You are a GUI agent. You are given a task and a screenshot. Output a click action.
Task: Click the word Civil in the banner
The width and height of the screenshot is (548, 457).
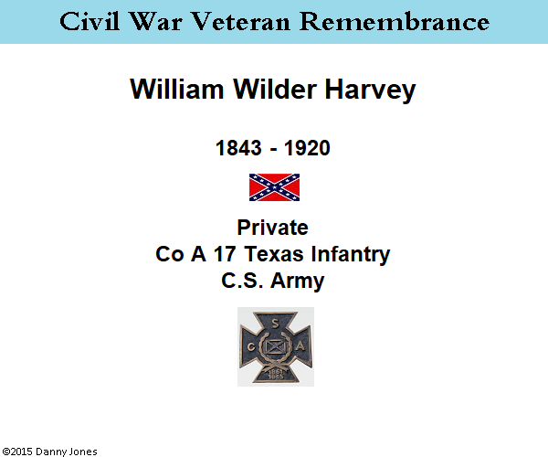pyautogui.click(x=90, y=21)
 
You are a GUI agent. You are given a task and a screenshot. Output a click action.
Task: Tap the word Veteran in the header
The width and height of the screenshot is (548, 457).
pyautogui.click(x=241, y=21)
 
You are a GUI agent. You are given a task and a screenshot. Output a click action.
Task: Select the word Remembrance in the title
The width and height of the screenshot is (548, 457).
pyautogui.click(x=395, y=21)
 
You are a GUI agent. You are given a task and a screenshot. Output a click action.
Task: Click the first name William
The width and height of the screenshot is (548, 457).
pyautogui.click(x=177, y=89)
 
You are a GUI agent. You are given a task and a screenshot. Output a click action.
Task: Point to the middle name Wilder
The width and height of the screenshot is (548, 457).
pyautogui.click(x=275, y=89)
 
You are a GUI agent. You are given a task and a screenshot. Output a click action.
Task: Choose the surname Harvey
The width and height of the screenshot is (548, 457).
pyautogui.click(x=371, y=90)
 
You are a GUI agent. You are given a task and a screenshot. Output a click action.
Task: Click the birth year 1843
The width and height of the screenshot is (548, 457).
pyautogui.click(x=238, y=147)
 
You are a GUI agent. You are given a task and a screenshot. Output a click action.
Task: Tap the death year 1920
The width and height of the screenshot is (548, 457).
pyautogui.click(x=307, y=147)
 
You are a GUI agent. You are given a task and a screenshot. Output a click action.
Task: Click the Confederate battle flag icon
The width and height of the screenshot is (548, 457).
pyautogui.click(x=274, y=187)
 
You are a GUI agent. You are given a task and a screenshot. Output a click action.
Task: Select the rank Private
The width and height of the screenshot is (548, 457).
pyautogui.click(x=272, y=228)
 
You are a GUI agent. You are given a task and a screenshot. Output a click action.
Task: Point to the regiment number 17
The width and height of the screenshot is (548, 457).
pyautogui.click(x=225, y=253)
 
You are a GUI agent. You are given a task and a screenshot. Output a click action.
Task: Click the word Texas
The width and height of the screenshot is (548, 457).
pyautogui.click(x=274, y=253)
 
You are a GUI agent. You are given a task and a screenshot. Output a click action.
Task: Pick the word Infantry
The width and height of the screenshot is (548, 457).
pyautogui.click(x=351, y=255)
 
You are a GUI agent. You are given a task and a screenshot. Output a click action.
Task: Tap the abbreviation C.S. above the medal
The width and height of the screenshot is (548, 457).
pyautogui.click(x=242, y=280)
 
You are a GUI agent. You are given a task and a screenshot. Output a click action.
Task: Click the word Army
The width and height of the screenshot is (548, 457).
pyautogui.click(x=298, y=282)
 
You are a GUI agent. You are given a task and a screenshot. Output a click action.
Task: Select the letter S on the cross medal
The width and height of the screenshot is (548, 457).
pyautogui.click(x=276, y=324)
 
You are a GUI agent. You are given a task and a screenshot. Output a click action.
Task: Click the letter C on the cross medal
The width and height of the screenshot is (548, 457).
pyautogui.click(x=251, y=346)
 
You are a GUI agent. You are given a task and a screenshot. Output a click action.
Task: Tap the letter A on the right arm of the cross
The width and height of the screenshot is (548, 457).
pyautogui.click(x=300, y=346)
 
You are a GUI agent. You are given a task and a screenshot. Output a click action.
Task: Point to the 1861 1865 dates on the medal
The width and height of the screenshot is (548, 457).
pyautogui.click(x=276, y=374)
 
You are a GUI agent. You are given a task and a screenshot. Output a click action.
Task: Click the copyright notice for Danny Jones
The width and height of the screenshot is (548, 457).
pyautogui.click(x=49, y=452)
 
